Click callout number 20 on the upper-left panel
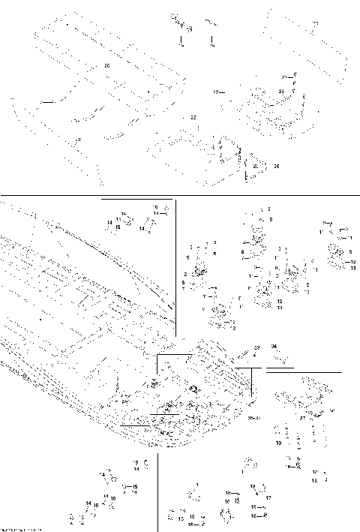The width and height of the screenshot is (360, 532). (106, 66)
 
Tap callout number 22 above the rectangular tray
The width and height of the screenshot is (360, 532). (193, 119)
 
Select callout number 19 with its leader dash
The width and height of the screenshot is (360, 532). (217, 92)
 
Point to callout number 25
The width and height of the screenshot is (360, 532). (281, 91)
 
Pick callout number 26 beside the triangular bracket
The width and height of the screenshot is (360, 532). (276, 165)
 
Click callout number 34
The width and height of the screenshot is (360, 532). (274, 346)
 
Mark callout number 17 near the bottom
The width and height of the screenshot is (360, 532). (268, 497)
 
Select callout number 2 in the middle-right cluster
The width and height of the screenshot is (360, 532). (185, 275)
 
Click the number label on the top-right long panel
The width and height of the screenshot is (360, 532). (316, 24)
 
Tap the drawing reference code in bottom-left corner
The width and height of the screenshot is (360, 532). (19, 529)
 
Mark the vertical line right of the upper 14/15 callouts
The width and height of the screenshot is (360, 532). (175, 263)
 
